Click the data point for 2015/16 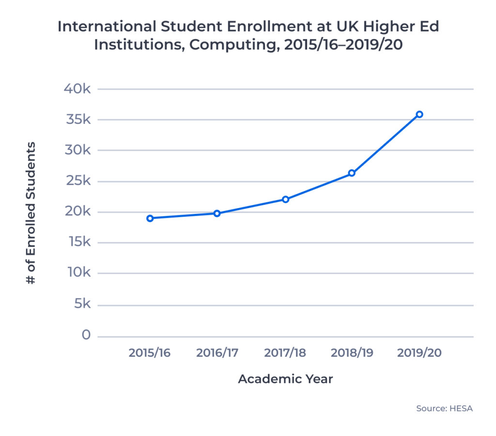click(150, 218)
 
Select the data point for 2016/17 click(217, 213)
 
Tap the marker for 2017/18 click(285, 199)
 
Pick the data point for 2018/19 click(352, 173)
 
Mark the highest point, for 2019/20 click(419, 114)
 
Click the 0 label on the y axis click(86, 335)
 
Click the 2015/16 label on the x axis click(150, 353)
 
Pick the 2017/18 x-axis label click(285, 353)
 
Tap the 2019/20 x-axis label click(419, 353)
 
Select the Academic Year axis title click(285, 379)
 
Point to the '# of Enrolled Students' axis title click(31, 213)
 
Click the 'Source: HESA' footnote click(444, 408)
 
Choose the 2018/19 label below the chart click(352, 353)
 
